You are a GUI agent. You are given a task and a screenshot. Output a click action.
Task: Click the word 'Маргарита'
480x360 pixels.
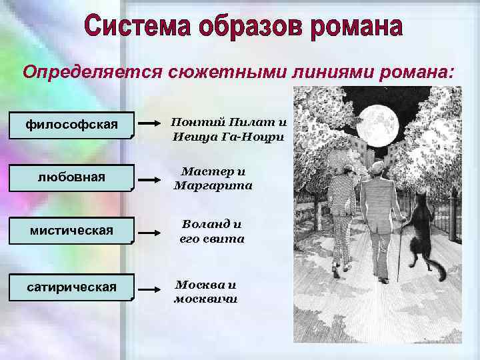point(213,185)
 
